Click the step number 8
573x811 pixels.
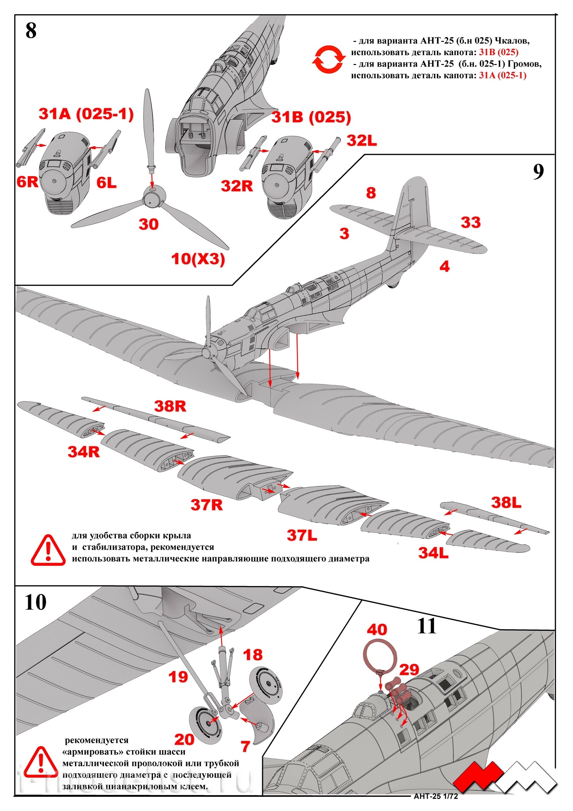click(31, 31)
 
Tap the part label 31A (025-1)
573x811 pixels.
click(86, 114)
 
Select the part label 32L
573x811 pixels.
click(362, 141)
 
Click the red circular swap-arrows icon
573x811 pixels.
click(328, 59)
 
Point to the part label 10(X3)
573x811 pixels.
click(198, 259)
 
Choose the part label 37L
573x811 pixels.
click(302, 535)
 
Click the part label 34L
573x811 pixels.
click(433, 553)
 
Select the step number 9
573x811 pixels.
click(538, 172)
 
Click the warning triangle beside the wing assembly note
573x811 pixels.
click(48, 550)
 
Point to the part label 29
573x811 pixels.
click(409, 669)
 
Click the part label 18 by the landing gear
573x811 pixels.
click(253, 655)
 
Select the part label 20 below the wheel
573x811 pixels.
click(184, 739)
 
